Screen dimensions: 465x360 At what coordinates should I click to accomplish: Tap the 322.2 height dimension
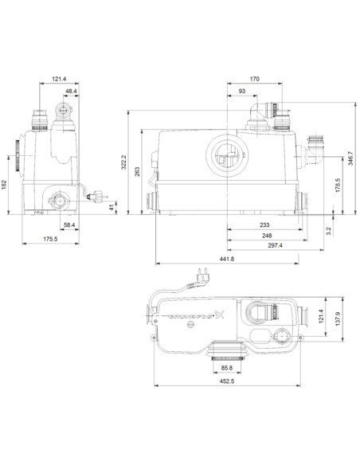click(123, 165)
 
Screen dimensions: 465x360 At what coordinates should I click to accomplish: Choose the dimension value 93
click(242, 92)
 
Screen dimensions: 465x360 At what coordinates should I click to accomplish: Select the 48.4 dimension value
click(71, 92)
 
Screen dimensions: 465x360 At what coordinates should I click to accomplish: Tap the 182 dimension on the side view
click(7, 184)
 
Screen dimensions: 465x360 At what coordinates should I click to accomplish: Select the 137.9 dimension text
click(338, 320)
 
